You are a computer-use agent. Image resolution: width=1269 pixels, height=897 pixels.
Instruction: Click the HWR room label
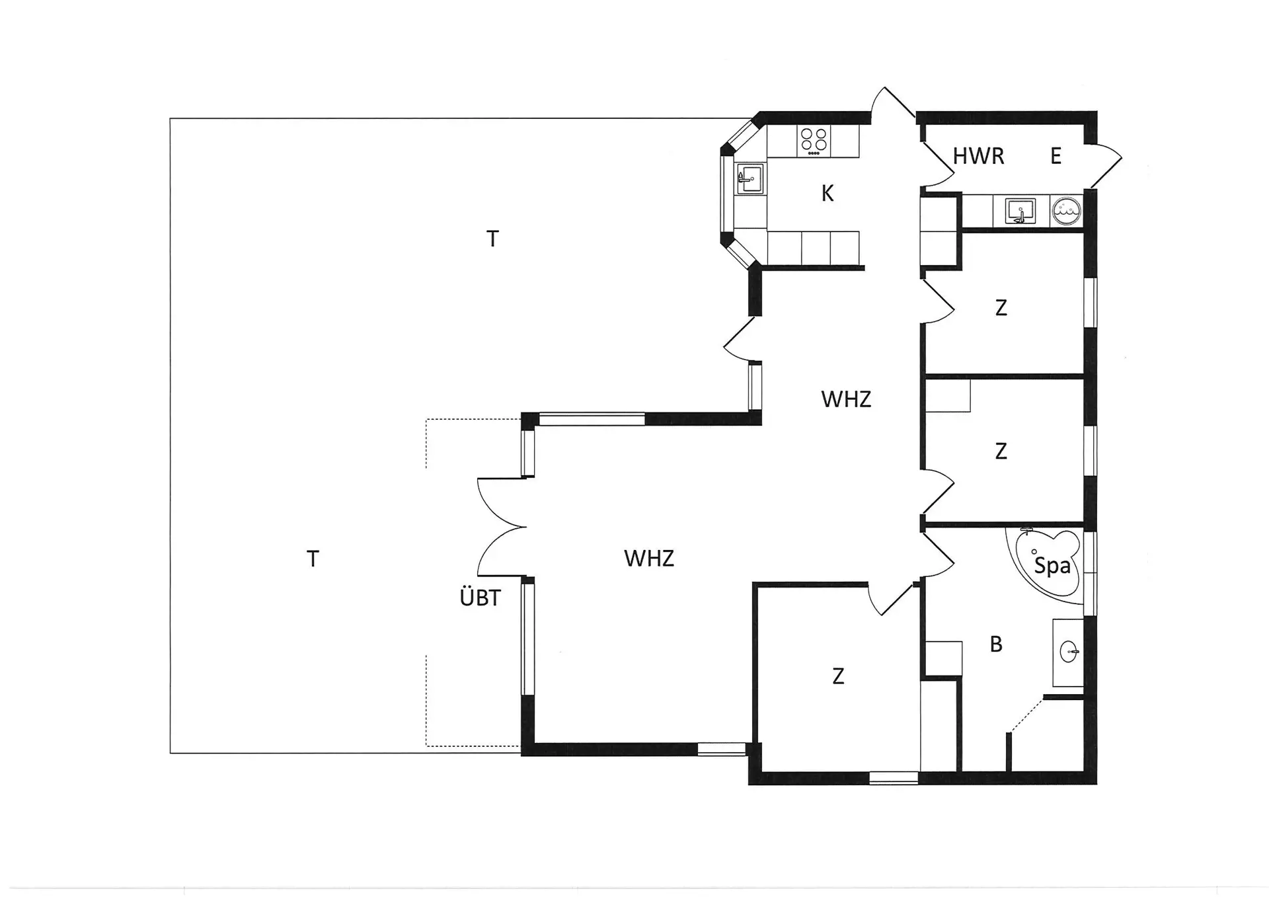point(978,156)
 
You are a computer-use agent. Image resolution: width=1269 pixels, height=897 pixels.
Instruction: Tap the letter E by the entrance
point(1056,156)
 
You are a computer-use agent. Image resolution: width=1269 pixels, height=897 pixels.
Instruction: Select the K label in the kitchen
point(827,194)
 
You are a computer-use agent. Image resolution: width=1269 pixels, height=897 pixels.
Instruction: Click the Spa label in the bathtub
point(1052,566)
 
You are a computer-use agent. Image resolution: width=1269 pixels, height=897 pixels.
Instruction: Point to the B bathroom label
point(996,644)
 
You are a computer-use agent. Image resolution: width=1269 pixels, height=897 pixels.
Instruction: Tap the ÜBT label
point(480,598)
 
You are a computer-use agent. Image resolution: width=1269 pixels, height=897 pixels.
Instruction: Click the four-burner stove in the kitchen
point(814,141)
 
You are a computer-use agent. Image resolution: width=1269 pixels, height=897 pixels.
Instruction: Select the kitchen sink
point(750,178)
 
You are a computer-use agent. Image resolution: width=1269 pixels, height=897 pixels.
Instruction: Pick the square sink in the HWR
point(1020,211)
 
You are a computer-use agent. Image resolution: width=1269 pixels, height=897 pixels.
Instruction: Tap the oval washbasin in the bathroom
point(1069,652)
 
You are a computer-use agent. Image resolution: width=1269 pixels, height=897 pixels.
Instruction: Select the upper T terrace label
point(492,239)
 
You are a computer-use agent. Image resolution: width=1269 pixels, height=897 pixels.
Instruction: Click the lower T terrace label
point(313,559)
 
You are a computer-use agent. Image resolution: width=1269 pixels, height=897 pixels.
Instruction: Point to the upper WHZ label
point(846,399)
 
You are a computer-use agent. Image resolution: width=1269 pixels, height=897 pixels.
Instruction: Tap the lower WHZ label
point(649,559)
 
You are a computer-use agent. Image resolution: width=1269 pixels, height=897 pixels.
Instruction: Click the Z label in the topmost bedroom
point(1001,308)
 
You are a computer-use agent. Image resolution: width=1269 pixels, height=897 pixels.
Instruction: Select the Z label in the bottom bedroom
point(838,676)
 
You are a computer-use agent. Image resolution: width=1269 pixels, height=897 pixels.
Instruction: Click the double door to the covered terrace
point(501,527)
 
